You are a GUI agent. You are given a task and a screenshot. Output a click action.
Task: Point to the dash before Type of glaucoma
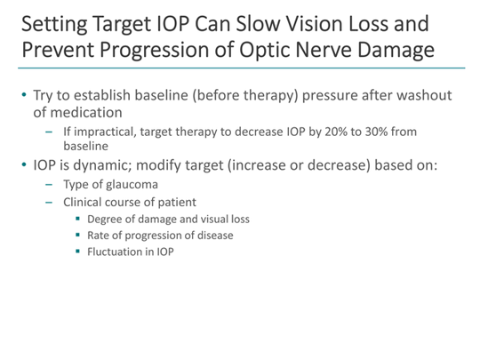coord(51,185)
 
